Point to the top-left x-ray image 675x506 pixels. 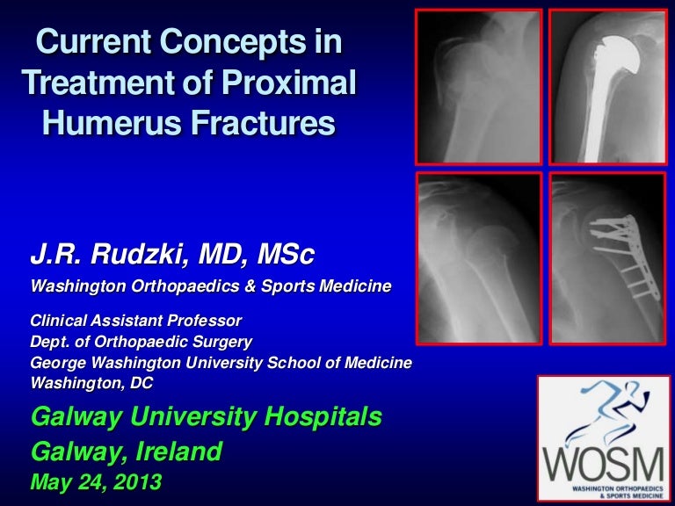click(479, 87)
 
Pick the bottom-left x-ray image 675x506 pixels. click(479, 257)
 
